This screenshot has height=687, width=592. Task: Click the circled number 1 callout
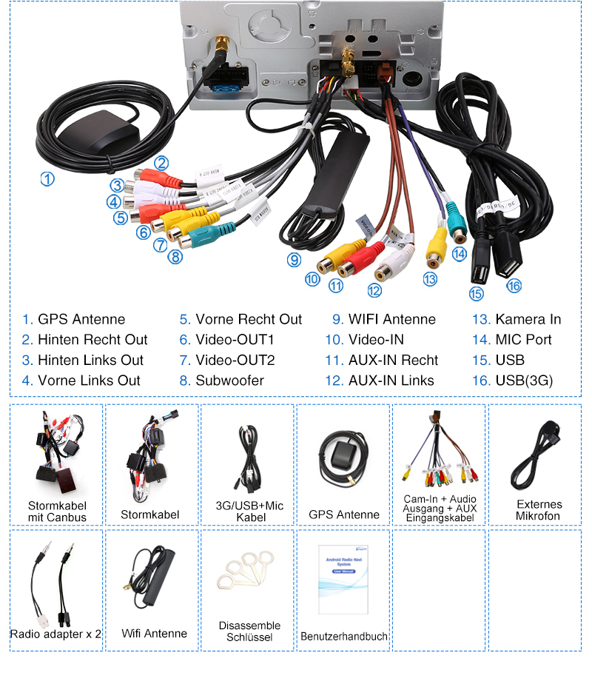[47, 179]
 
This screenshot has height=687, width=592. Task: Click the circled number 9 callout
[295, 260]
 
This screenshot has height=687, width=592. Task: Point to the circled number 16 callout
[514, 285]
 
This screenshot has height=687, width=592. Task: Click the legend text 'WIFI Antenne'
[392, 320]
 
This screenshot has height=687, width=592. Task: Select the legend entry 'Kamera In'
[528, 320]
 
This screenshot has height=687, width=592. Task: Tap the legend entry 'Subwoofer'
[229, 381]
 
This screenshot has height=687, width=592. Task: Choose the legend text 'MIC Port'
[523, 340]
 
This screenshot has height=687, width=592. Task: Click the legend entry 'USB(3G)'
[524, 381]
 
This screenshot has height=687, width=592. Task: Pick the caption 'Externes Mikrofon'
[538, 510]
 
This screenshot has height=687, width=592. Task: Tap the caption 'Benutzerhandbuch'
[344, 637]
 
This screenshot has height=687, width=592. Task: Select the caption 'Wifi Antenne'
[154, 634]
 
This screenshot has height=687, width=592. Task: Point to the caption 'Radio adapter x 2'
[55, 634]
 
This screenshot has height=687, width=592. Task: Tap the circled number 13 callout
[430, 279]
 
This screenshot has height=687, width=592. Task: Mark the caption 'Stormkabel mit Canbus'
[57, 511]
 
